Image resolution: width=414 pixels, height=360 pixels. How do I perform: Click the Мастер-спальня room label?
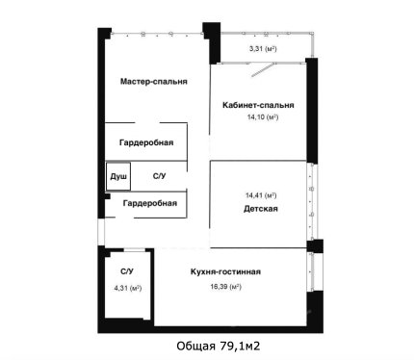click(x=154, y=81)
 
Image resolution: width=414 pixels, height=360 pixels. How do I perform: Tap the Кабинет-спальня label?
click(x=258, y=105)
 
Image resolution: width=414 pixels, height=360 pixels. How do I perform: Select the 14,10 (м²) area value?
click(x=263, y=117)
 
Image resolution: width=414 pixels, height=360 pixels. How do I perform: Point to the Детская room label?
click(x=261, y=209)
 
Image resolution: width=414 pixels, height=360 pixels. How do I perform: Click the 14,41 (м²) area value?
click(x=261, y=195)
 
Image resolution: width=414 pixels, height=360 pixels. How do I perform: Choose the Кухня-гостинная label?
click(x=225, y=271)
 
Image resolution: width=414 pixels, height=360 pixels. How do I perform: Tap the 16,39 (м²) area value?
click(x=225, y=287)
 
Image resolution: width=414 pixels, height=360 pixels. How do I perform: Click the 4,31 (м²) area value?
click(x=128, y=288)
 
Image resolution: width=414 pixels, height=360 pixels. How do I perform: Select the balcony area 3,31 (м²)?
click(x=263, y=49)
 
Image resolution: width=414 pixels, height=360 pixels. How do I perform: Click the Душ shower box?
click(x=118, y=176)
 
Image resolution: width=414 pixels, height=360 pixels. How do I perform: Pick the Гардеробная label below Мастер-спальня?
click(x=146, y=142)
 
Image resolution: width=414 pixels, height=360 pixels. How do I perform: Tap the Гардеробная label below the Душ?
click(x=150, y=203)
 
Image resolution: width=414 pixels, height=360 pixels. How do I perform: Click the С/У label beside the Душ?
click(x=159, y=176)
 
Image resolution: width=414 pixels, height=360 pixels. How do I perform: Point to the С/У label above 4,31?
click(x=127, y=271)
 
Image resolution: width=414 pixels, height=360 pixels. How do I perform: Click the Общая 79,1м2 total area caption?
click(x=219, y=346)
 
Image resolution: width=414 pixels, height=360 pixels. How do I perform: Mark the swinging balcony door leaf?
click(x=264, y=70)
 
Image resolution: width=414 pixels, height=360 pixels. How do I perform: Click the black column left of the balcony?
click(x=212, y=42)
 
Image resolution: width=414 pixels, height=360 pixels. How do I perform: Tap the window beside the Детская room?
click(x=312, y=201)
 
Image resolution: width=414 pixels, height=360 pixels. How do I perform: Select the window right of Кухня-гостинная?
click(x=311, y=271)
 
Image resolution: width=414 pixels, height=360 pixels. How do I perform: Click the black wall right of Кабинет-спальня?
click(x=312, y=111)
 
